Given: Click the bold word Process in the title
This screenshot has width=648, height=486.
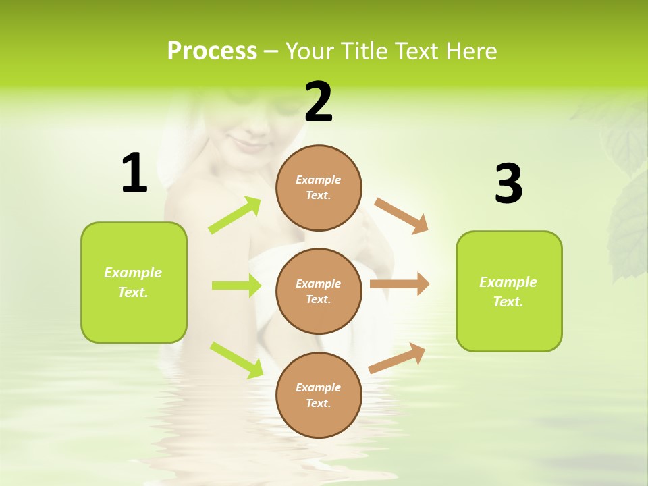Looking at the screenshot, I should pos(212,51).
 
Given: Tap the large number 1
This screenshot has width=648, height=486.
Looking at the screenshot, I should pos(134,173).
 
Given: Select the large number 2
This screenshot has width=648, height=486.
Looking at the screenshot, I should pos(319,102).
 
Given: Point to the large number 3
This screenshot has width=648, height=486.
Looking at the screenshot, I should pos(508,184).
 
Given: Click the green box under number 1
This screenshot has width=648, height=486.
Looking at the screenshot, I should pos(134,282).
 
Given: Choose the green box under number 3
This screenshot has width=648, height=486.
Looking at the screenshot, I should pos(509,291).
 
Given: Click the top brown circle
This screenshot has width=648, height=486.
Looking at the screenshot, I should pos(319,188).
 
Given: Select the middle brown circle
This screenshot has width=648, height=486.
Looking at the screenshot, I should pos(319,291).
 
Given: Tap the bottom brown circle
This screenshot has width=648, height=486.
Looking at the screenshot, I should pos(319,395).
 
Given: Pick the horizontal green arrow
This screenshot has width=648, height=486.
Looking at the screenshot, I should pos(236,286).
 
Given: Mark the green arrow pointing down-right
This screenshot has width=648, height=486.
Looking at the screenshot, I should pos(236,360).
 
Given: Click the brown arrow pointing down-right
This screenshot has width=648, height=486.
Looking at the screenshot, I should pos(402,215).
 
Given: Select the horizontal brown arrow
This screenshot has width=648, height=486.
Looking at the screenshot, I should pos(400,284).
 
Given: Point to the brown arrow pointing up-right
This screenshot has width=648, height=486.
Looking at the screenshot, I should pos(398,358).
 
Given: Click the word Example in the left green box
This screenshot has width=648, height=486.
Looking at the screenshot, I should pos(133,273).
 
